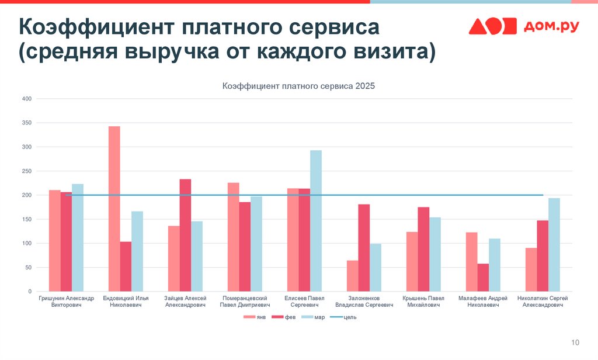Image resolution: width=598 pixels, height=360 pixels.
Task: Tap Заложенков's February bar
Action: click(364, 248)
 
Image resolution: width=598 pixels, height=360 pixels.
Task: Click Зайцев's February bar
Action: click(185, 235)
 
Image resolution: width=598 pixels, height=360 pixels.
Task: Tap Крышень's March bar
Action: click(435, 254)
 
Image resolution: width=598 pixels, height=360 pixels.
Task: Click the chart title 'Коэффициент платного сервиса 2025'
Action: click(298, 86)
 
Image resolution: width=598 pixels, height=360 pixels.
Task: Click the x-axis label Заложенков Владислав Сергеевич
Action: click(364, 302)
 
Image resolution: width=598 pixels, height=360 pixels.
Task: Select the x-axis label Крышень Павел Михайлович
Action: click(423, 302)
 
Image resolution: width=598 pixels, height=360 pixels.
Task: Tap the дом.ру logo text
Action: click(551, 26)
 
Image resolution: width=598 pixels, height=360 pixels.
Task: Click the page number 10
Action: click(575, 342)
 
